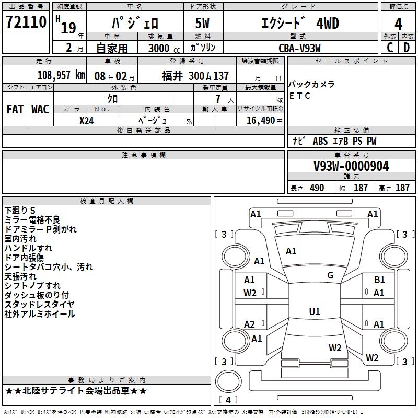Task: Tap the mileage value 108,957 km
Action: pos(61,75)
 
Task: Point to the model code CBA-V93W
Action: pos(299,48)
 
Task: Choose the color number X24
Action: pos(87,120)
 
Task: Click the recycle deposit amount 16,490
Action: pos(257,120)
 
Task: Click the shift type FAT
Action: pos(15,109)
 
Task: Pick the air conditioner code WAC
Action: pos(40,109)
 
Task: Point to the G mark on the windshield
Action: pos(330,275)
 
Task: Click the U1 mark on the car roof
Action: pos(315,311)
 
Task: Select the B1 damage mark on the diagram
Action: pos(379,280)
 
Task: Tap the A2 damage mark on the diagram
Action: pos(250,324)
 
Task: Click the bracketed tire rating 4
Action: pos(228,400)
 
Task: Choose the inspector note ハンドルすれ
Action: pos(28,248)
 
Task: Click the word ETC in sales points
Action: pos(299,96)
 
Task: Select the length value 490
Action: pos(317,188)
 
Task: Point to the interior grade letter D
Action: pos(407,48)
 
